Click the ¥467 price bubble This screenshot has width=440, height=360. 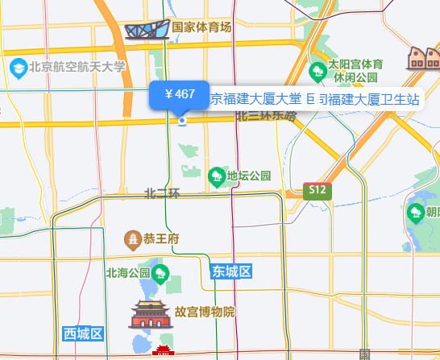pyautogui.click(x=179, y=95)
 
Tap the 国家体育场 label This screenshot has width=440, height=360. pyautogui.click(x=201, y=27)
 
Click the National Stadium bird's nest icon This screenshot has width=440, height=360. pyautogui.click(x=147, y=30)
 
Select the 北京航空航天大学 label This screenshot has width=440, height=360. pyautogui.click(x=77, y=68)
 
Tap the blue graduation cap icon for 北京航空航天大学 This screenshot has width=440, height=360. pyautogui.click(x=16, y=68)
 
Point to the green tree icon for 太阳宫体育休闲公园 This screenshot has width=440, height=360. pyautogui.click(x=318, y=69)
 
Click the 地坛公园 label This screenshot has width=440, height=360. pyautogui.click(x=249, y=176)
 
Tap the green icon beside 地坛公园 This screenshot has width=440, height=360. pyautogui.click(x=216, y=176)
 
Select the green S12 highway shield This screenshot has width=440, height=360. pyautogui.click(x=317, y=190)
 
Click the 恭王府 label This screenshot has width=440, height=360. pyautogui.click(x=160, y=238)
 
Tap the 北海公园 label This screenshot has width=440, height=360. pyautogui.click(x=128, y=272)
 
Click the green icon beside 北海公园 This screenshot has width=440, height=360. pyautogui.click(x=160, y=272)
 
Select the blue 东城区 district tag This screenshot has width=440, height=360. pyautogui.click(x=232, y=271)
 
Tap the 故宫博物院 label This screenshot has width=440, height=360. pyautogui.click(x=205, y=312)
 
